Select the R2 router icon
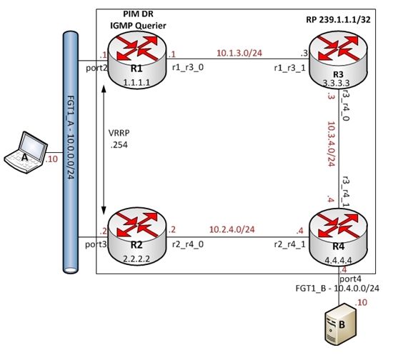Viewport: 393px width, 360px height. click(137, 236)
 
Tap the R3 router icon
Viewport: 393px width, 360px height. click(338, 60)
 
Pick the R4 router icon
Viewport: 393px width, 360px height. click(338, 237)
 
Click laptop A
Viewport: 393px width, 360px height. click(26, 152)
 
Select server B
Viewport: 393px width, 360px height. click(340, 324)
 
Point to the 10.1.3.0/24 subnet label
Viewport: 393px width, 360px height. click(239, 53)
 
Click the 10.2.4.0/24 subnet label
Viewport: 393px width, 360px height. click(232, 229)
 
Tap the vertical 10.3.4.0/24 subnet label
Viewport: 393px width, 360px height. click(332, 144)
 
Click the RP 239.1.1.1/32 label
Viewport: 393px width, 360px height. click(338, 20)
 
